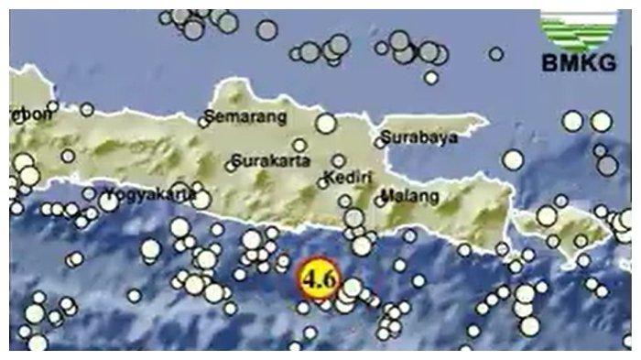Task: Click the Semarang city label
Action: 244,117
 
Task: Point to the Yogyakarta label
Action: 146,194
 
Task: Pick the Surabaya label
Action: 418,140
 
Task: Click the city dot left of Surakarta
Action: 230,167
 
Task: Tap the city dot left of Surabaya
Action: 379,142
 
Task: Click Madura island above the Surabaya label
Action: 430,122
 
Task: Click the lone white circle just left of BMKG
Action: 496,53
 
